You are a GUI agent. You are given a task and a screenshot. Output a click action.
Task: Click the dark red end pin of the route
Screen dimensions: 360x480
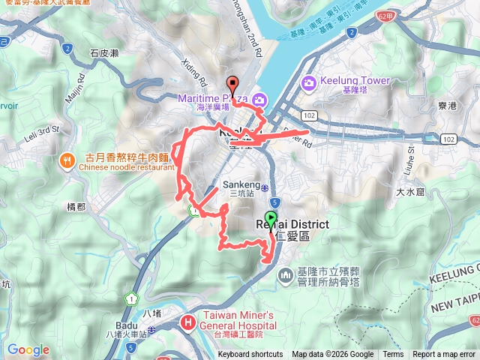pyautogui.click(x=232, y=85)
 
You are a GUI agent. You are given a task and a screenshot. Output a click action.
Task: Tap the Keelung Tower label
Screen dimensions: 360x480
pyautogui.click(x=355, y=81)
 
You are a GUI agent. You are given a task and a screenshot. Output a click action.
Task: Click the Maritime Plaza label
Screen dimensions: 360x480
pyautogui.click(x=213, y=97)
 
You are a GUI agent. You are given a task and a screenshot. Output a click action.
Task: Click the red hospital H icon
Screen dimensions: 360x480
pyautogui.click(x=187, y=323)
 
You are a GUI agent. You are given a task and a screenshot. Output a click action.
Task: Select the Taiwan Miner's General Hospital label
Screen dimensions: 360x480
pyautogui.click(x=239, y=319)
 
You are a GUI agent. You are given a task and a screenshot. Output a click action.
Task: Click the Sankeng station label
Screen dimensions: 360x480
pyautogui.click(x=241, y=184)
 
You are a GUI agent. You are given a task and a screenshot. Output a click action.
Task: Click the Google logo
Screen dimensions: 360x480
pyautogui.click(x=28, y=349)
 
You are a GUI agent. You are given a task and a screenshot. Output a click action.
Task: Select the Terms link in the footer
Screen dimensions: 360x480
pyautogui.click(x=393, y=355)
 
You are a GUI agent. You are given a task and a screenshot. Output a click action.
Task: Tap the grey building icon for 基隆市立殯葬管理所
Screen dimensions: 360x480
pyautogui.click(x=286, y=277)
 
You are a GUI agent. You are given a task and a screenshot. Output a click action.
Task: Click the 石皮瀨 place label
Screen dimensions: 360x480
pyautogui.click(x=103, y=52)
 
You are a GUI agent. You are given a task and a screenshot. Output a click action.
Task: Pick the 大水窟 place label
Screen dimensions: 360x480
pyautogui.click(x=410, y=192)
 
